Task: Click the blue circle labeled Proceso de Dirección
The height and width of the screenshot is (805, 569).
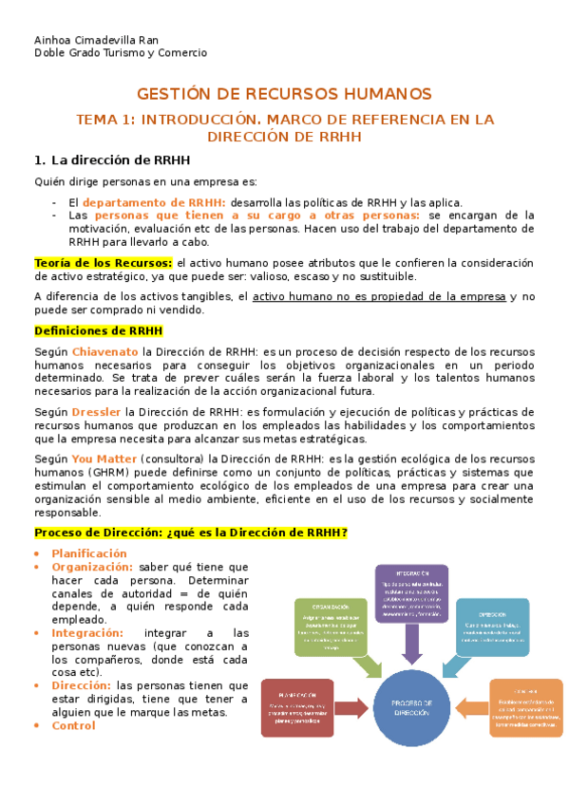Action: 412,706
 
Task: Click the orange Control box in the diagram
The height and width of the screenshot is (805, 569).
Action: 526,707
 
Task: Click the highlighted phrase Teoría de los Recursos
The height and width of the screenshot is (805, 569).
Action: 104,262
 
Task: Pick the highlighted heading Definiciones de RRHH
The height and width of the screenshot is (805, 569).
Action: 98,330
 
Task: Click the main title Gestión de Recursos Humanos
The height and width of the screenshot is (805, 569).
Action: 284,94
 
